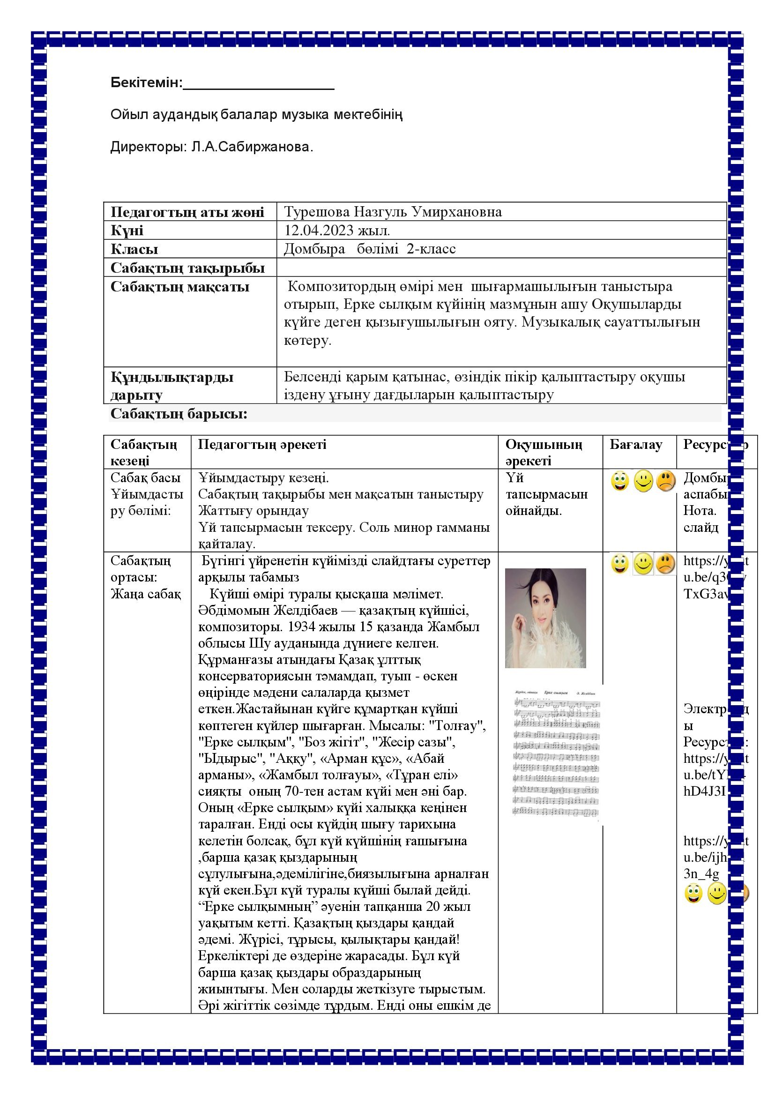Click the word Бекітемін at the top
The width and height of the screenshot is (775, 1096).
tap(146, 83)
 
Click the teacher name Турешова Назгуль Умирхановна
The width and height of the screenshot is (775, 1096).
tap(393, 211)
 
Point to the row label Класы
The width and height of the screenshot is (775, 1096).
tap(134, 249)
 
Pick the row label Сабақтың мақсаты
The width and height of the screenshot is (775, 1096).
tap(180, 287)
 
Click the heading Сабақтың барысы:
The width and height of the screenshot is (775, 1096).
tap(179, 414)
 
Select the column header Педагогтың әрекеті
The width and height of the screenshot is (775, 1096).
tap(262, 444)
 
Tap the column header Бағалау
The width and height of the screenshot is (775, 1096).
tap(636, 444)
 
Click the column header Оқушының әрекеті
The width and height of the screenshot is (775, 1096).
tap(544, 452)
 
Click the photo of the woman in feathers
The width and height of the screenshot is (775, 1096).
tap(545, 618)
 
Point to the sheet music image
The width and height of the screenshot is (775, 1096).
tap(557, 754)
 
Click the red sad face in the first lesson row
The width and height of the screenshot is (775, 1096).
tap(665, 481)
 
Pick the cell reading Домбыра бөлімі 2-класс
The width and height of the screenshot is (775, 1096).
tap(370, 249)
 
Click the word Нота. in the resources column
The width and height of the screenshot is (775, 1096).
tap(700, 511)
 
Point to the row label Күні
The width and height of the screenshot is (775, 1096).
tap(127, 231)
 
